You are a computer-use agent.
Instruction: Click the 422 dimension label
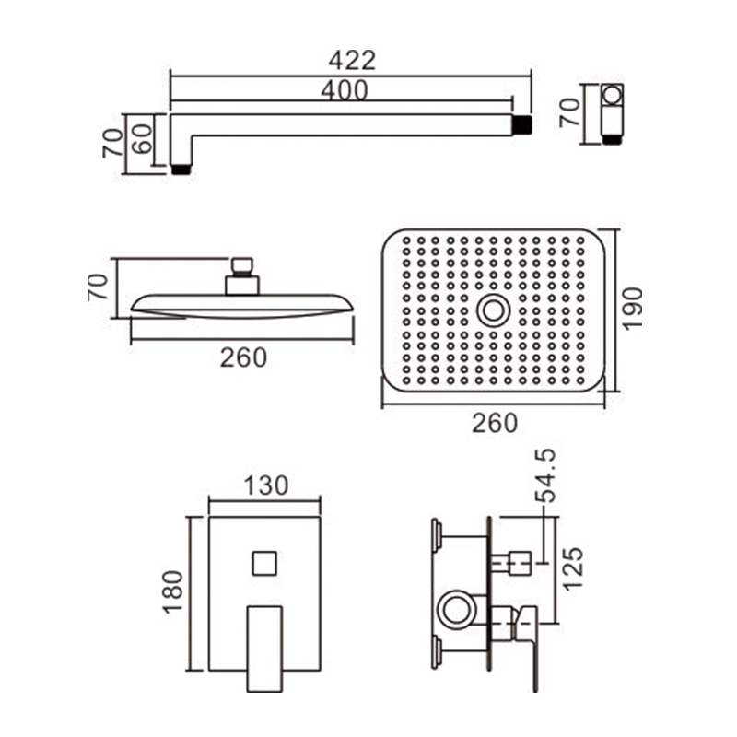[x=352, y=61]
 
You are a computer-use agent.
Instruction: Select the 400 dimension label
[x=344, y=90]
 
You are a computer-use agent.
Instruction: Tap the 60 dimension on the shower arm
[x=142, y=139]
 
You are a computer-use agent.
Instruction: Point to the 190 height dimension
[x=632, y=309]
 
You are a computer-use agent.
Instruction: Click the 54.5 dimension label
[x=545, y=475]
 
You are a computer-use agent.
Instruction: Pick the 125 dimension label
[x=572, y=569]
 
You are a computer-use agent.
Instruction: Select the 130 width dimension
[x=266, y=485]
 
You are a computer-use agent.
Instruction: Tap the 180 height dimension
[x=172, y=591]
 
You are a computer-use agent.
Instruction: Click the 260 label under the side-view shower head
[x=243, y=357]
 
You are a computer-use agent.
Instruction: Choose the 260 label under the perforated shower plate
[x=495, y=423]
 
